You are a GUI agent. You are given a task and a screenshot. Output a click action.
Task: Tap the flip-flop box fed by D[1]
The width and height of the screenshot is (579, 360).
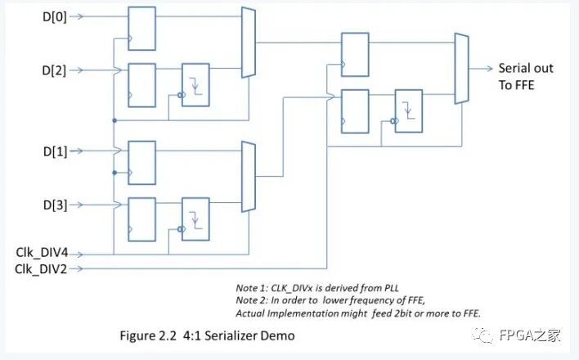[141, 162]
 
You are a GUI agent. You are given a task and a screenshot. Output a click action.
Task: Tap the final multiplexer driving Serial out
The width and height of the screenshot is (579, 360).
[461, 69]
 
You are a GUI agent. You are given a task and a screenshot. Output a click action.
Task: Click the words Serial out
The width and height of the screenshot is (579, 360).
[526, 68]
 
